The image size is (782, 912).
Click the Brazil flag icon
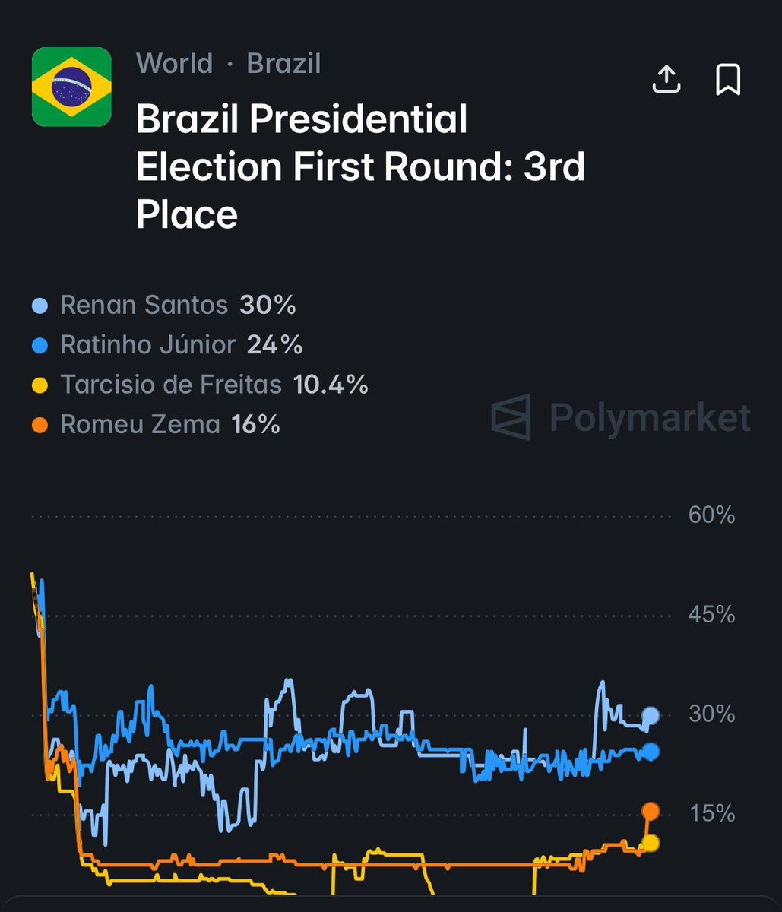[71, 87]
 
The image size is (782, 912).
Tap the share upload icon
[666, 79]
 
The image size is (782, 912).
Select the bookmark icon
[728, 79]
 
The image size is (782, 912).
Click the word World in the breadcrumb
[174, 64]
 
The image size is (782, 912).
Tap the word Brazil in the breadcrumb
[283, 64]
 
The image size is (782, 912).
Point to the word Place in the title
[187, 214]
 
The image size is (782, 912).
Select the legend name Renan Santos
[144, 306]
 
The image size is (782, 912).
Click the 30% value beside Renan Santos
[268, 306]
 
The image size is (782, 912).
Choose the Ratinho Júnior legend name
[147, 345]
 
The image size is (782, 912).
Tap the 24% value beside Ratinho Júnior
[274, 345]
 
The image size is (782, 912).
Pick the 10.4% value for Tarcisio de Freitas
[331, 385]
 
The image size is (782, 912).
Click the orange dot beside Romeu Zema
[42, 425]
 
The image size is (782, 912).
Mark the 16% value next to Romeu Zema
[256, 424]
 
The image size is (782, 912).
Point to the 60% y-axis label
[711, 515]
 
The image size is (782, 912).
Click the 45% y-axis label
[711, 615]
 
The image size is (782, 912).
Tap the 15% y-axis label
[711, 814]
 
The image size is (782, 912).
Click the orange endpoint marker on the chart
[651, 811]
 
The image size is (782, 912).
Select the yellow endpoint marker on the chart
[650, 843]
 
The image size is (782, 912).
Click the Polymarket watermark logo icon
[511, 416]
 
